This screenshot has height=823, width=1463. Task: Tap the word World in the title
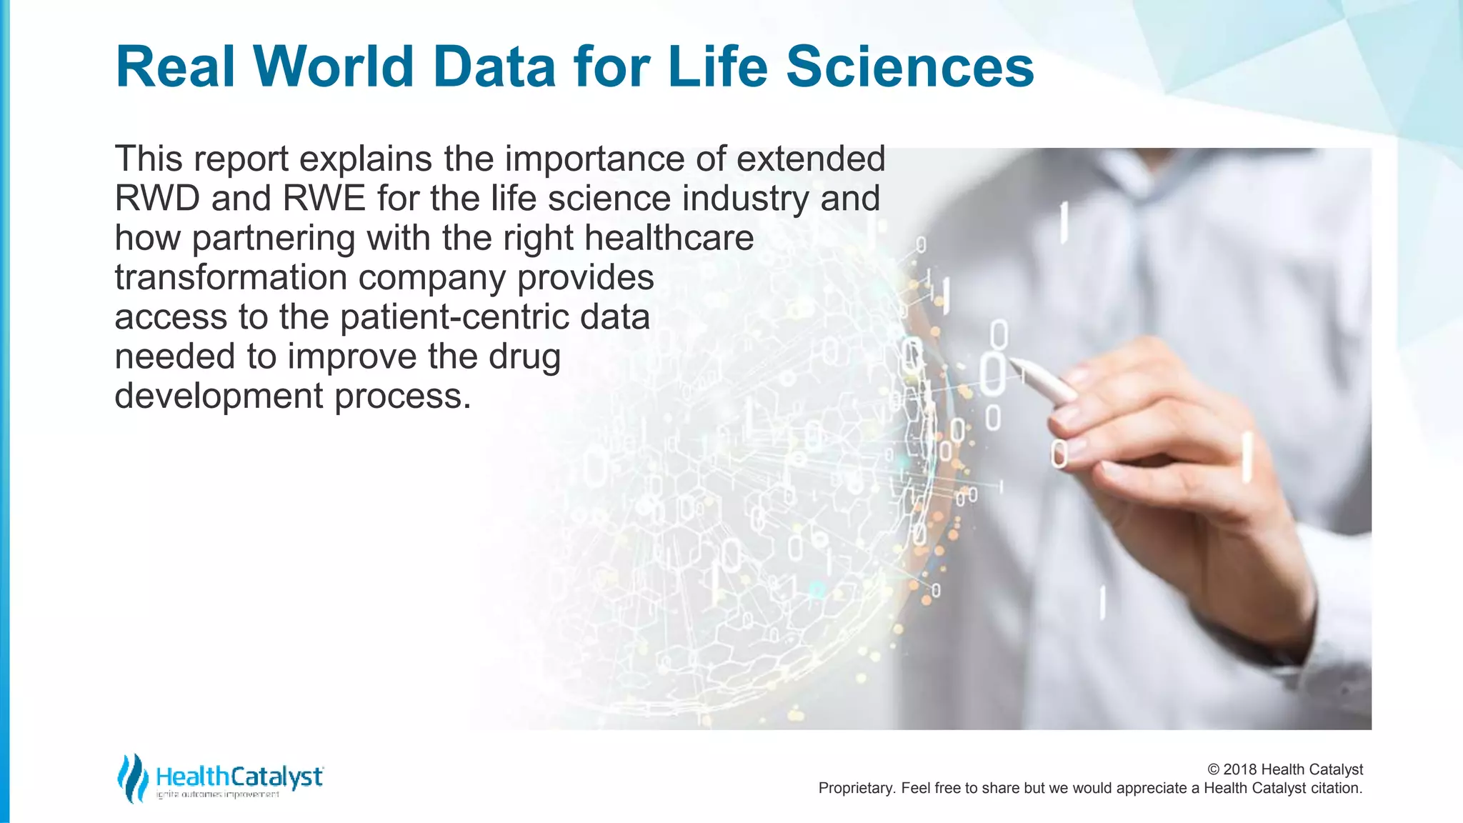click(334, 66)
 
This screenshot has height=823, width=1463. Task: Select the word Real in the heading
click(175, 66)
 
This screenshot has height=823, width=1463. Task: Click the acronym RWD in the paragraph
click(157, 199)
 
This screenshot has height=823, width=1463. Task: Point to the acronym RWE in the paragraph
click(324, 199)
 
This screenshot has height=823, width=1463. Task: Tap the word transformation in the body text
click(231, 278)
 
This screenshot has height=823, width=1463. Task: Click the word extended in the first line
click(811, 159)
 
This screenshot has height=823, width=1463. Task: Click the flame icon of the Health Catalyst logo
click(133, 778)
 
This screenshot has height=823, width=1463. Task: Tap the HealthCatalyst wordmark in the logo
click(239, 777)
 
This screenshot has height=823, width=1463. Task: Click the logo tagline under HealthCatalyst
click(217, 794)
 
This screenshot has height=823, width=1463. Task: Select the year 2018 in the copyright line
click(1240, 769)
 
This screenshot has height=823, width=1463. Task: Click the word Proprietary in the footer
click(856, 788)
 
